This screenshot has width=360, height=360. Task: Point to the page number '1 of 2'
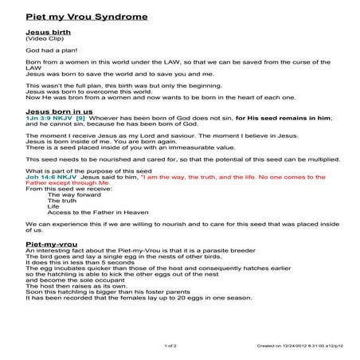tap(170, 346)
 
